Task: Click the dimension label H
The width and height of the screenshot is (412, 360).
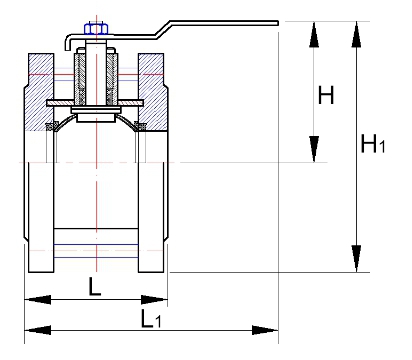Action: [326, 95]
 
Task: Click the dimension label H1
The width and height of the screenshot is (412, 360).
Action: [373, 144]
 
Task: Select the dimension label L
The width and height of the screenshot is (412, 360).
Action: [95, 286]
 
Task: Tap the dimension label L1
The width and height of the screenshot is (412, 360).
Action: [151, 318]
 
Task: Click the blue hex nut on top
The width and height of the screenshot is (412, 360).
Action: [96, 29]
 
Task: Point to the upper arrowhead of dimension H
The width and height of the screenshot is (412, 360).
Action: [314, 34]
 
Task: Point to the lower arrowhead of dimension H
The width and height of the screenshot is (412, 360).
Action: [314, 149]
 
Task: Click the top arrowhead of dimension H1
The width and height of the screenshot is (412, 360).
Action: [356, 34]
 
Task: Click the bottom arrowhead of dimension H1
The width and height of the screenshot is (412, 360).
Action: [356, 259]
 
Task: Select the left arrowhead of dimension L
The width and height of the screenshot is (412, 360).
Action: [38, 299]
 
